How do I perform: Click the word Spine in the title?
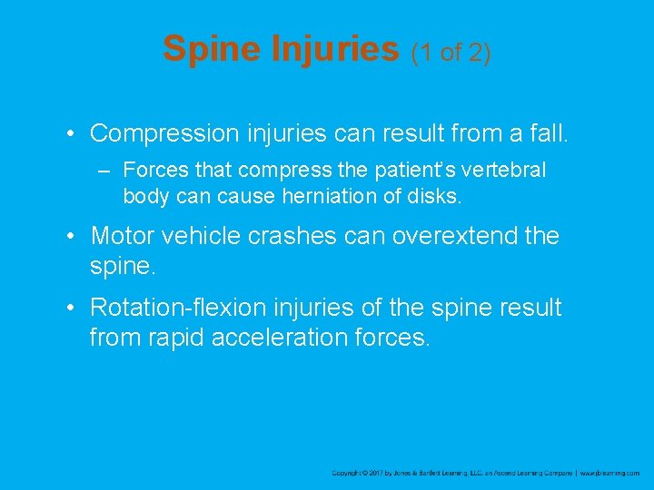click(x=212, y=49)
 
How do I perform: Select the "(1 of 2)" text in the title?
click(x=451, y=53)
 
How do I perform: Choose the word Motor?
click(x=124, y=237)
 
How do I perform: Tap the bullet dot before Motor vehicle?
click(x=71, y=237)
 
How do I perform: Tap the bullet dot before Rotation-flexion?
click(x=71, y=309)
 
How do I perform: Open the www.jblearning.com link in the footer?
click(x=611, y=474)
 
